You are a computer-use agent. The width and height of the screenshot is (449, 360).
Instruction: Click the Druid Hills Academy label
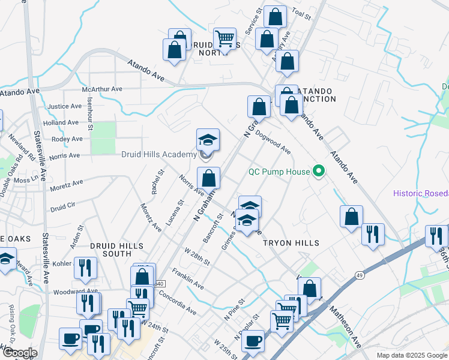[158, 154]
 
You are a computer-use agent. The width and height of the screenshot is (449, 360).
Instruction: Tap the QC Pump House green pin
[319, 172]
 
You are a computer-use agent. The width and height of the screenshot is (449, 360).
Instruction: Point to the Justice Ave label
[64, 106]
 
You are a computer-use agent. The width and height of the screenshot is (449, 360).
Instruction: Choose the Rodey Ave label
[67, 139]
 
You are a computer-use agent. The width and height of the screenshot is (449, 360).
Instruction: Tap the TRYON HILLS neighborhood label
[291, 242]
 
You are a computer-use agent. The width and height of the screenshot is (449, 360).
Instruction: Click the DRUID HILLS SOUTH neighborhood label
[116, 250]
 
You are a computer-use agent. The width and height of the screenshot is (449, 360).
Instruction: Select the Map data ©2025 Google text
[411, 355]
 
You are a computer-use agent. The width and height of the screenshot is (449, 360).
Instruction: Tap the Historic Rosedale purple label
[421, 193]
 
